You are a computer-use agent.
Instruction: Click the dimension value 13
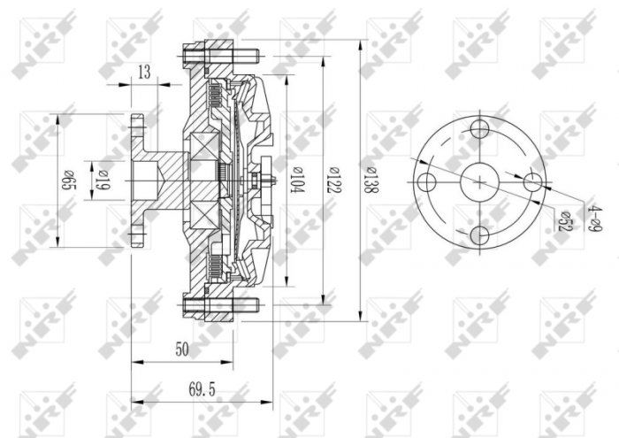[144, 73]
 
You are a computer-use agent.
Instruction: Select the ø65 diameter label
[68, 181]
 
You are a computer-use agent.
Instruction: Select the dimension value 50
[182, 350]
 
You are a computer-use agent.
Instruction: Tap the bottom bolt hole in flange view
[480, 235]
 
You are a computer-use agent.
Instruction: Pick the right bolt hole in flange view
[532, 181]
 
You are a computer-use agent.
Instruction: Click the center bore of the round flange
[480, 182]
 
